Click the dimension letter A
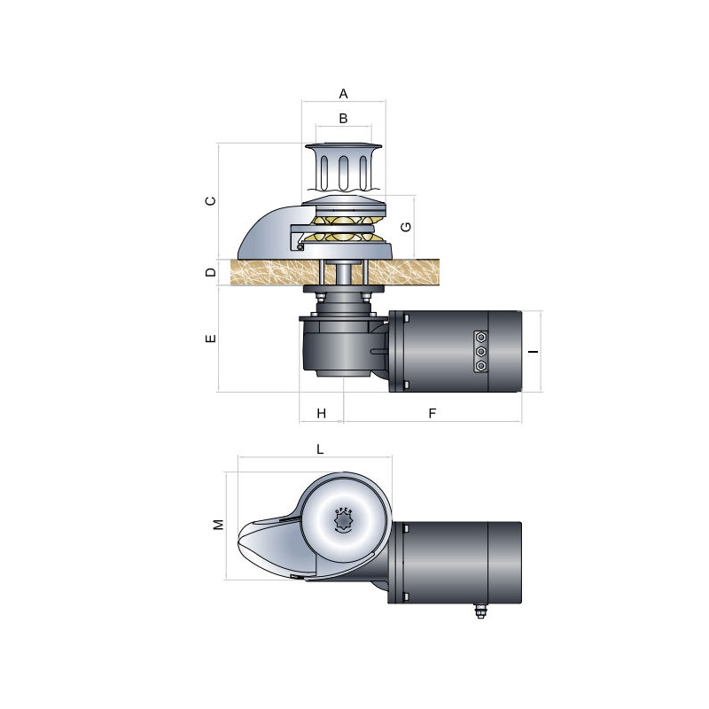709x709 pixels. (344, 93)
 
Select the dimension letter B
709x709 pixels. (343, 118)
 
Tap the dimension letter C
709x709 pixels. (210, 201)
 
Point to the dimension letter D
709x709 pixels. (210, 272)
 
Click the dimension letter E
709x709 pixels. (210, 339)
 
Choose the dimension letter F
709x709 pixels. (432, 413)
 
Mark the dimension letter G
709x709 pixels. (405, 226)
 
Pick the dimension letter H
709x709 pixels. (322, 413)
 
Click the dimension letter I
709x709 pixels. (533, 352)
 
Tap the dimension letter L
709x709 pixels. (320, 449)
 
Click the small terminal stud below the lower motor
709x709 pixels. (480, 612)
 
